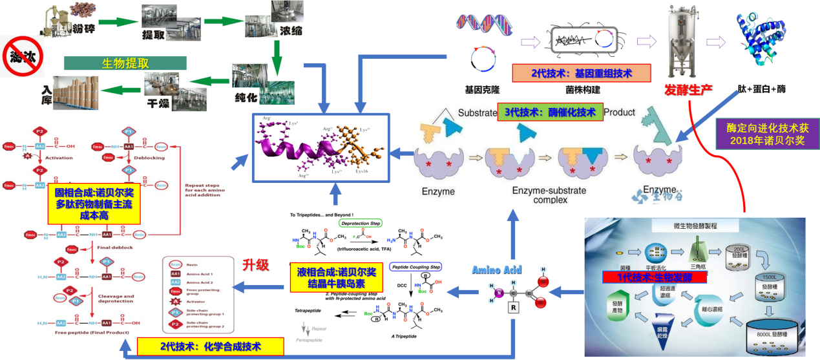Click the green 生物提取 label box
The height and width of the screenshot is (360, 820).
pos(125,63)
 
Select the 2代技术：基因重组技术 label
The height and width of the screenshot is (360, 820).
pos(581,73)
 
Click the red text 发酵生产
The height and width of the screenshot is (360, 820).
pos(688,89)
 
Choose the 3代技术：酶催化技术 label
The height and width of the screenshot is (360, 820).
pos(550,112)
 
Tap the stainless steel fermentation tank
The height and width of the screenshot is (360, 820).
pos(684,38)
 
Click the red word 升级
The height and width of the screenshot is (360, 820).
pos(255,265)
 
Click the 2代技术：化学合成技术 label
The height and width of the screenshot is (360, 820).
pos(211,346)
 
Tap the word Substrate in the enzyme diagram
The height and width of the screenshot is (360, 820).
pos(478,113)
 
